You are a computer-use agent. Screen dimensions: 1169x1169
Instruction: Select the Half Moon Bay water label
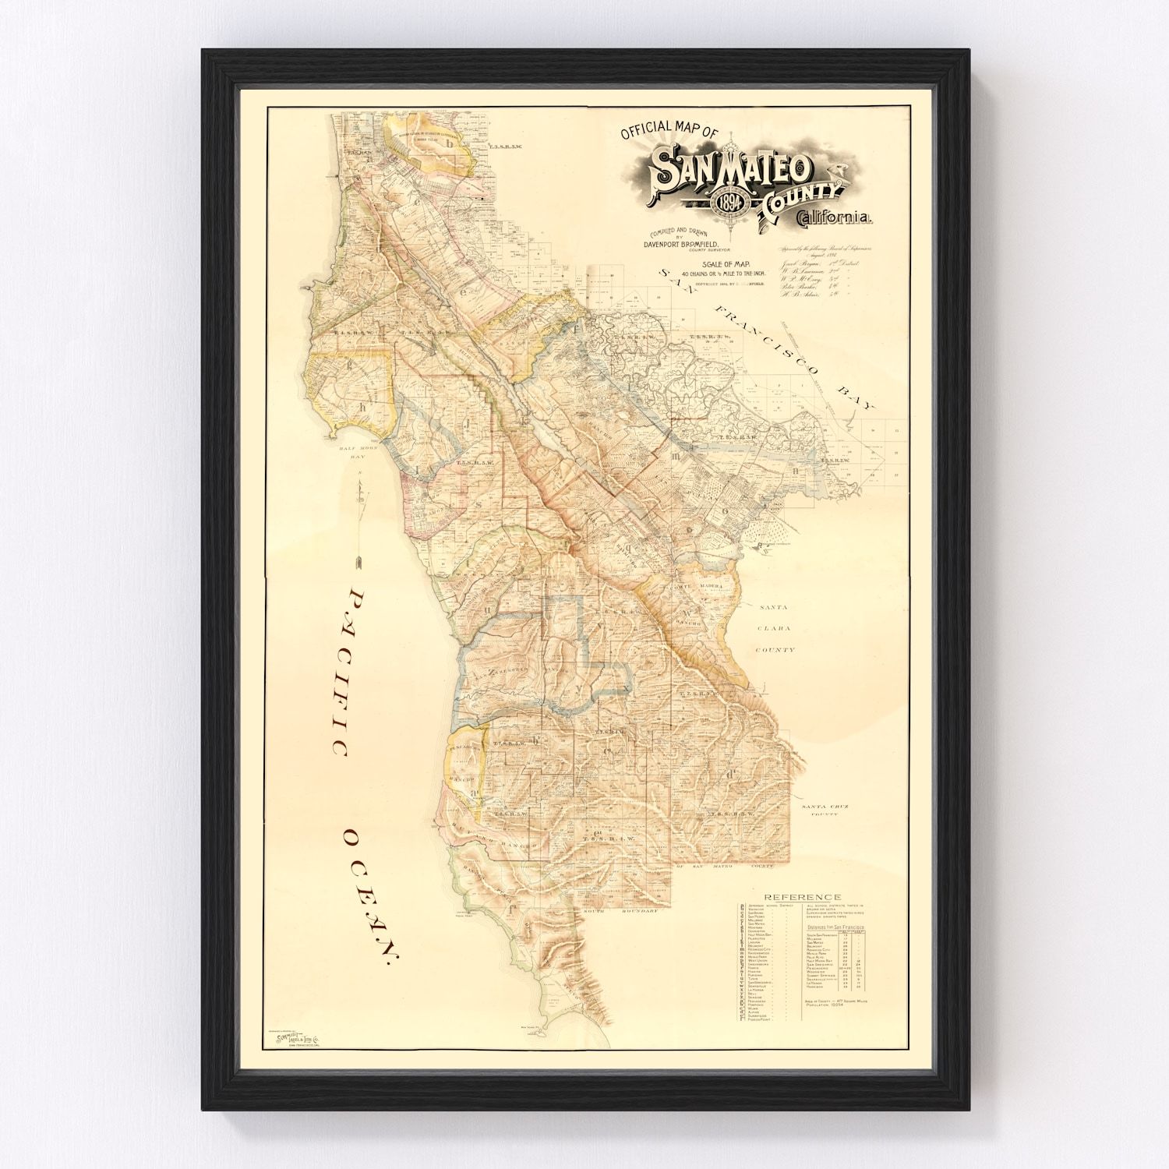[351, 453]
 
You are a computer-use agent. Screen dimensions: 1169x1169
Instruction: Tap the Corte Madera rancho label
[705, 586]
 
